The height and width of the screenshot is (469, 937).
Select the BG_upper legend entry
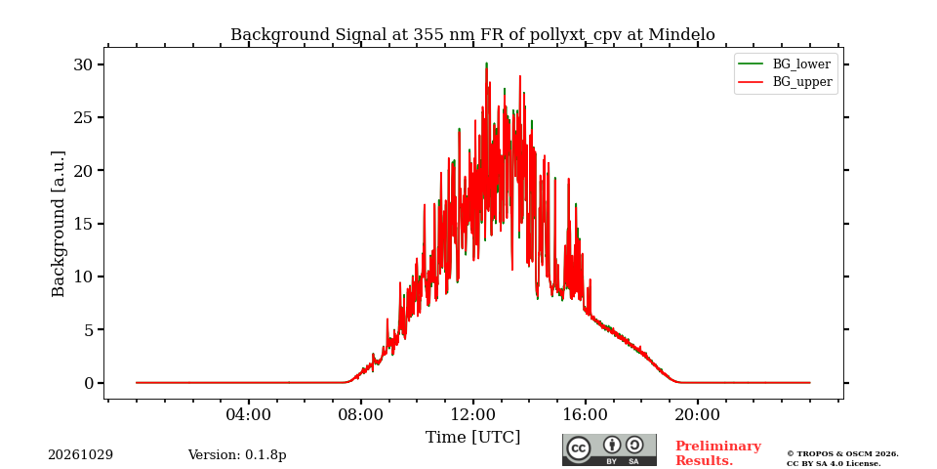(785, 82)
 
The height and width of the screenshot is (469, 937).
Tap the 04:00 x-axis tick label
(249, 414)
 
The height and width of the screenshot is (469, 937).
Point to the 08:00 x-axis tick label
(361, 414)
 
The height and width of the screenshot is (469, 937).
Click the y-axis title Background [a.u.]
(58, 224)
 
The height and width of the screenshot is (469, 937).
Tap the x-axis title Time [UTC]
(472, 438)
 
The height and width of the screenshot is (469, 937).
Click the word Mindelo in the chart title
(681, 35)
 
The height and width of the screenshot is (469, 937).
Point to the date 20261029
(81, 455)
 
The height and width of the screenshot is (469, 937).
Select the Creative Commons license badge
(609, 449)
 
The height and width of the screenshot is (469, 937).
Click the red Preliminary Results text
(718, 453)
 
